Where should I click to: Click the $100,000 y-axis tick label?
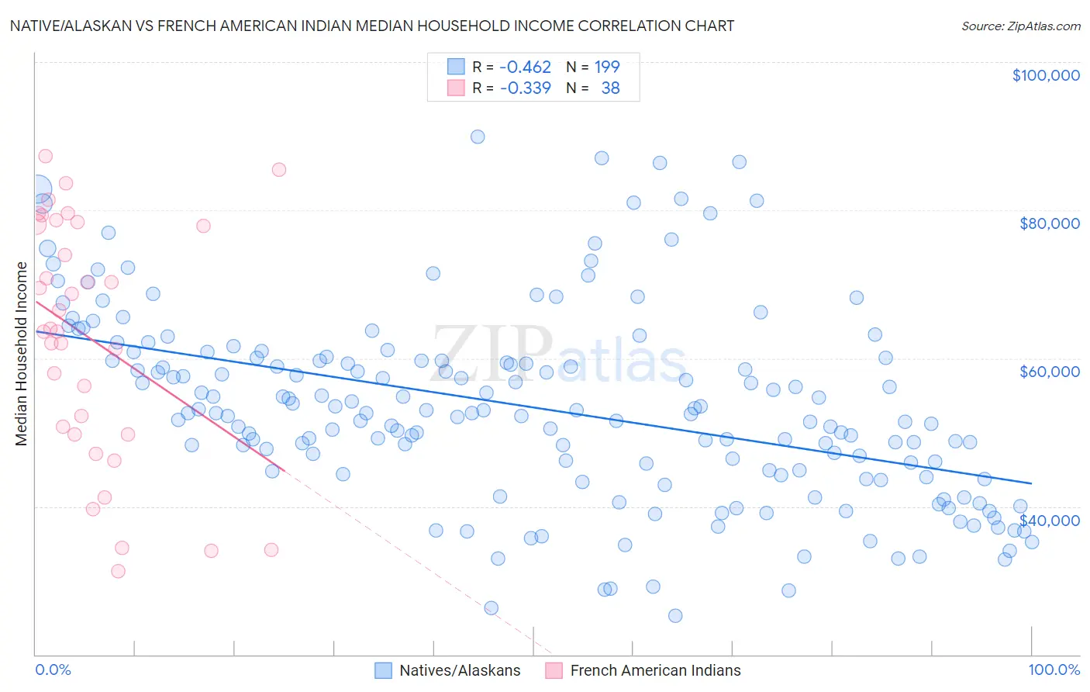tap(1045, 75)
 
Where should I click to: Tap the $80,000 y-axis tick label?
tap(1049, 223)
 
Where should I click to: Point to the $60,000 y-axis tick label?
tap(1049, 372)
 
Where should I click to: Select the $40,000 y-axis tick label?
tap(1049, 520)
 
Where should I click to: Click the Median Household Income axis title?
tap(22, 354)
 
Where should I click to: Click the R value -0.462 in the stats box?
tap(525, 67)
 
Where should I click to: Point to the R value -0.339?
tap(525, 88)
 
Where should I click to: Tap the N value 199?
tap(607, 67)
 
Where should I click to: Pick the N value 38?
tap(610, 88)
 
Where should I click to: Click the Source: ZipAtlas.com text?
tap(1020, 26)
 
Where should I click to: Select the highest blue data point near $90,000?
tap(478, 137)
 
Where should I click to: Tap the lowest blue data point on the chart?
tap(675, 616)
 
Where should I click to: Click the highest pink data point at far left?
tap(45, 156)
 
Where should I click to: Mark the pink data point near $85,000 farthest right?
tap(279, 170)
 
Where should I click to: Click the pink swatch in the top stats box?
tap(456, 88)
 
